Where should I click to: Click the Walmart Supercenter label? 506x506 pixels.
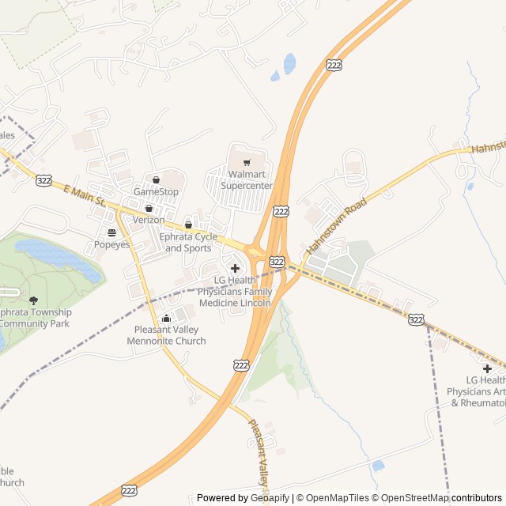pyautogui.click(x=246, y=179)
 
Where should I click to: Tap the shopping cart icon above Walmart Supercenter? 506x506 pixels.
pyautogui.click(x=246, y=163)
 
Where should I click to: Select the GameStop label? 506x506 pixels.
pyautogui.click(x=156, y=191)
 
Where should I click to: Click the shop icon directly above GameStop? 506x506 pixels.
pyautogui.click(x=156, y=179)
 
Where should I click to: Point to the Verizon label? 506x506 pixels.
pyautogui.click(x=149, y=219)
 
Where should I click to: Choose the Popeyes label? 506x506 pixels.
pyautogui.click(x=111, y=245)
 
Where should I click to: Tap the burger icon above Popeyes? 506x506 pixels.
pyautogui.click(x=111, y=232)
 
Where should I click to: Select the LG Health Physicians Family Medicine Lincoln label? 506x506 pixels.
pyautogui.click(x=235, y=291)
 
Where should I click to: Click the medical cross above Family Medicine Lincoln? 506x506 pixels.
pyautogui.click(x=235, y=268)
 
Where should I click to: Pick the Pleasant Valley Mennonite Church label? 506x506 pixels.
pyautogui.click(x=166, y=335)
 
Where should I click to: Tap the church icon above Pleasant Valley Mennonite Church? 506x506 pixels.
pyautogui.click(x=166, y=319)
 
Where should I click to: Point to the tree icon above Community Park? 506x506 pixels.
pyautogui.click(x=33, y=300)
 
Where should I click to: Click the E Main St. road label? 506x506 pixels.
pyautogui.click(x=84, y=196)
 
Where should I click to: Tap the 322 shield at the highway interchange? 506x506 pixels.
pyautogui.click(x=276, y=260)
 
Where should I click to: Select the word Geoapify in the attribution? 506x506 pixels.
pyautogui.click(x=271, y=498)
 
